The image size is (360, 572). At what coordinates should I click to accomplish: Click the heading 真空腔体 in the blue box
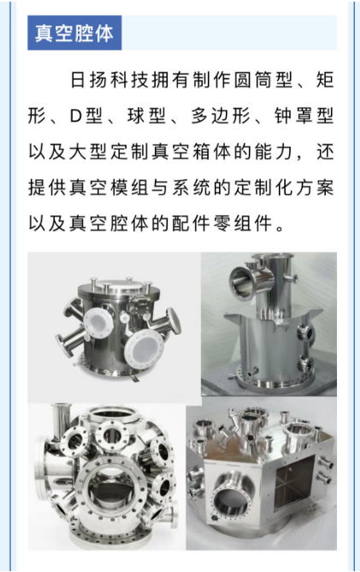[x=74, y=33]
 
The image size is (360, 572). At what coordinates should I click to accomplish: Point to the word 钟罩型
[x=304, y=116]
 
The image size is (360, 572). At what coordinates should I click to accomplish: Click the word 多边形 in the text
[x=221, y=116]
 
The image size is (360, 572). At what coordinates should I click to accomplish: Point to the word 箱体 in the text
[x=221, y=151]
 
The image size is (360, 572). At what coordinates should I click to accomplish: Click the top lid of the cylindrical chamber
[x=119, y=287]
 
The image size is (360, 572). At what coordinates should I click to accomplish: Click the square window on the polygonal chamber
[x=294, y=482]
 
